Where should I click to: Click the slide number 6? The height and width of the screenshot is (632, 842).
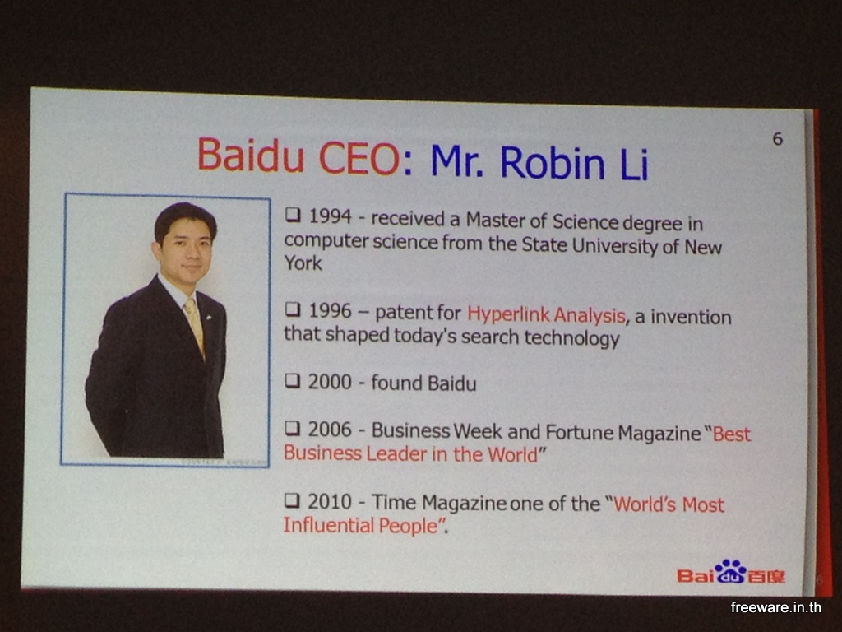[x=778, y=139]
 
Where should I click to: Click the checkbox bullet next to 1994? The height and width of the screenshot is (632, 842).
[x=293, y=215]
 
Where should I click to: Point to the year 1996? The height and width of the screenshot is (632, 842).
[x=330, y=310]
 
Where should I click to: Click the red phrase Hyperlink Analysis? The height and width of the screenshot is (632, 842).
[x=546, y=315]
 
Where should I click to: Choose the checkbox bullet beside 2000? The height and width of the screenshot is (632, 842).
[x=292, y=381]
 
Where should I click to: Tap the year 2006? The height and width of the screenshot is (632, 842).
[x=330, y=430]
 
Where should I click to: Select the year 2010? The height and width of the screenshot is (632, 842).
[x=330, y=501]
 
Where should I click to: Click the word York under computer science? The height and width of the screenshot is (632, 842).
[x=303, y=263]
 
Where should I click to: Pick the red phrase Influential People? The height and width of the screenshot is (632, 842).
[x=361, y=526]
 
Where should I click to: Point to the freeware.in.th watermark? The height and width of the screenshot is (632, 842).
[x=775, y=607]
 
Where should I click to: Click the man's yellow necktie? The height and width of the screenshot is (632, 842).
[x=194, y=325]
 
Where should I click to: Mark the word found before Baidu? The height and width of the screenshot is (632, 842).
[x=396, y=383]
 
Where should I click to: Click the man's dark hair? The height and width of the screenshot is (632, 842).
[x=185, y=219]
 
